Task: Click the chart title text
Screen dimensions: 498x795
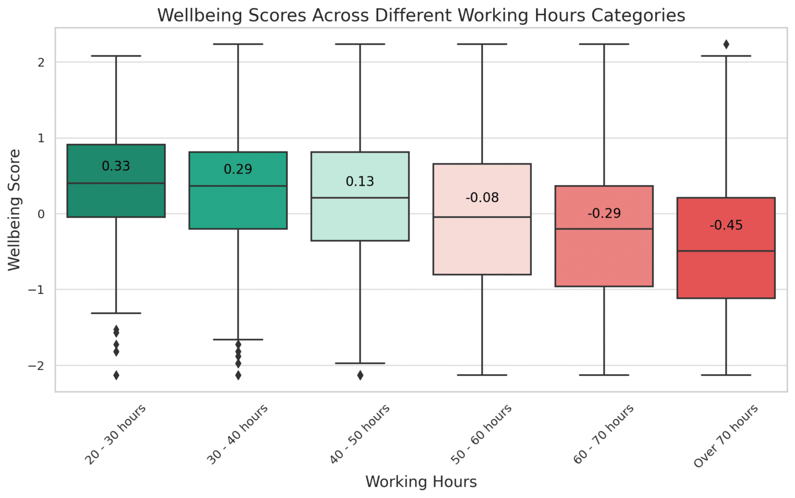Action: click(421, 15)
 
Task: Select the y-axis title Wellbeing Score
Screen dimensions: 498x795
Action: click(14, 210)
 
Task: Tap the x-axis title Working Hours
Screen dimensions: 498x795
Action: click(421, 481)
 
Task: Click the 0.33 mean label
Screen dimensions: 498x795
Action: click(116, 166)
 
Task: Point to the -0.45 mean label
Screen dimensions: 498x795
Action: click(726, 225)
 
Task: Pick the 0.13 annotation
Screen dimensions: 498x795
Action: click(360, 181)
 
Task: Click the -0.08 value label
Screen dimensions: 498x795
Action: click(482, 197)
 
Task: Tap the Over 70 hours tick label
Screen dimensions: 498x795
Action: click(726, 436)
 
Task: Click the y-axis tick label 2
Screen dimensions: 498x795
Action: click(41, 62)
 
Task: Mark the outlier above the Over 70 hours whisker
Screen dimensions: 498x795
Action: click(726, 44)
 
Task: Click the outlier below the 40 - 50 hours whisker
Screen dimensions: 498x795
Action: click(360, 375)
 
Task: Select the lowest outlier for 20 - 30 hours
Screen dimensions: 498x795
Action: click(116, 375)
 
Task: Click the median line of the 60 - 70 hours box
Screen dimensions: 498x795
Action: click(604, 229)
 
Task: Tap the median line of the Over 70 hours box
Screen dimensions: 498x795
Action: click(726, 251)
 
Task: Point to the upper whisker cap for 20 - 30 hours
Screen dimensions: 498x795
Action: click(116, 56)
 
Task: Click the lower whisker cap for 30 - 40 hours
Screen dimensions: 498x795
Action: click(238, 339)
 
